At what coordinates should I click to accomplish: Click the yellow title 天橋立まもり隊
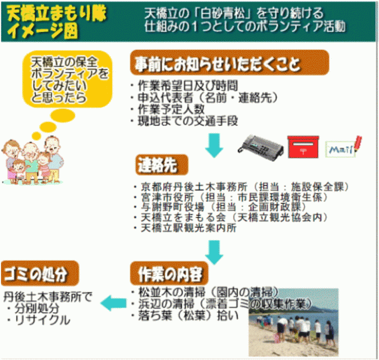56,14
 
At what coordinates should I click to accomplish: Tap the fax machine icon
261,148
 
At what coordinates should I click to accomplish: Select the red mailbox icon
303,147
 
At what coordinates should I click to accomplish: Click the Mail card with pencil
343,147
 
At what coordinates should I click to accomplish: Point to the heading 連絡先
161,165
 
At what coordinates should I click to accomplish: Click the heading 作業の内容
169,274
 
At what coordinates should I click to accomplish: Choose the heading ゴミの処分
40,274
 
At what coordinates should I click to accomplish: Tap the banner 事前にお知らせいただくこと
230,63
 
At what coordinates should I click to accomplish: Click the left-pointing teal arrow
113,303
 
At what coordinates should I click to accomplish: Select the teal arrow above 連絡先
214,145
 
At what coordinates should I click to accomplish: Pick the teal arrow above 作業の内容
214,252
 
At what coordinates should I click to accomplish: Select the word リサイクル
42,320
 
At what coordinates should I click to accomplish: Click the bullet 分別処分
37,308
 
